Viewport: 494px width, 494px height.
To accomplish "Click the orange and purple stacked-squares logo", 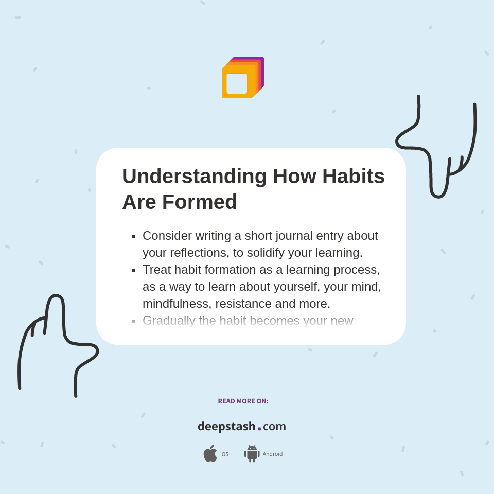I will coord(242,78).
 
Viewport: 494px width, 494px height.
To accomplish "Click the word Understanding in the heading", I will coord(194,176).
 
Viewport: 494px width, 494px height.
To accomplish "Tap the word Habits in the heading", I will coord(353,176).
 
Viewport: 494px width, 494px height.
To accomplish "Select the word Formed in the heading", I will coord(199,202).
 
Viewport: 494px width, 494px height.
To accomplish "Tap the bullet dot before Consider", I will coord(134,236).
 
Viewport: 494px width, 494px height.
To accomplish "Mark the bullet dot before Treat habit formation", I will coord(134,270).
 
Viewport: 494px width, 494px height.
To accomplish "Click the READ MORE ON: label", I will coord(243,401).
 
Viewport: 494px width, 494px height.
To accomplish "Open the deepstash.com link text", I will coord(242,427).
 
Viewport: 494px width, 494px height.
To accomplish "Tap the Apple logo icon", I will coord(210,453).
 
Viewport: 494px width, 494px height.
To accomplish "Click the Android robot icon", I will coord(252,453).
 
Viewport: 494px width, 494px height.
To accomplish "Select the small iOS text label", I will coord(224,454).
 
